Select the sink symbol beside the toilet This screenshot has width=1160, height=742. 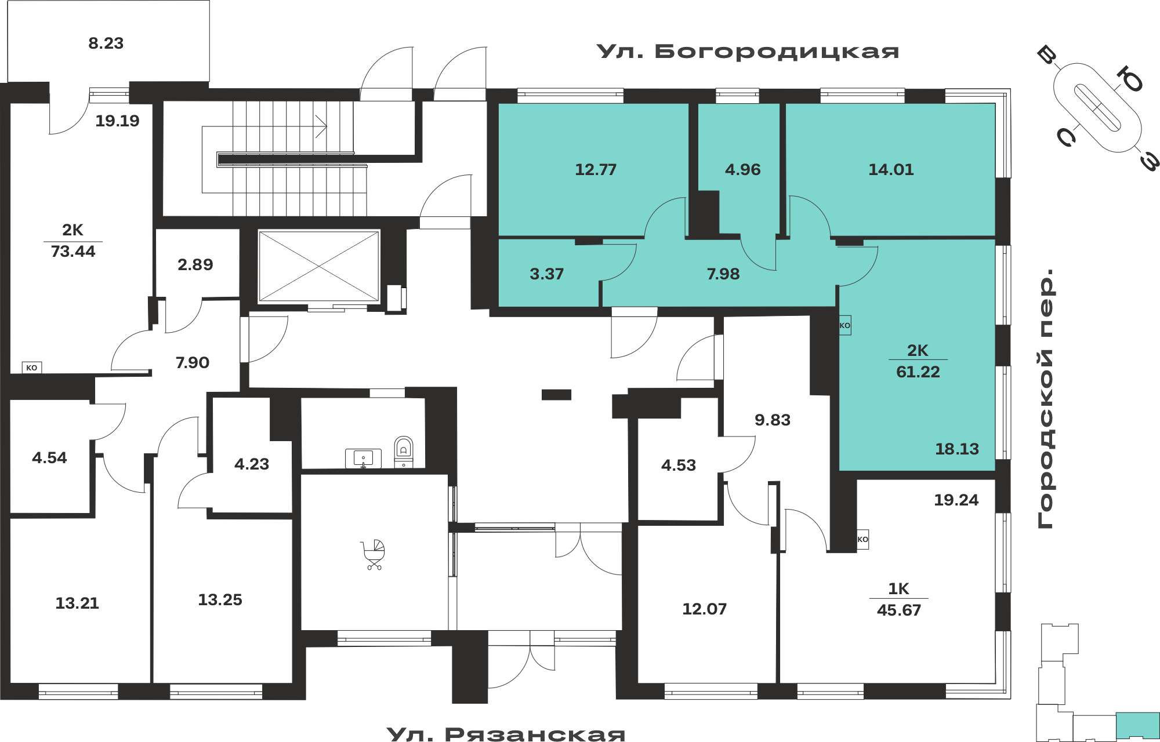[363, 459]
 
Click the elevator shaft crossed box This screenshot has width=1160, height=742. [318, 267]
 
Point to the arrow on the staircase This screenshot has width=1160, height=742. [321, 126]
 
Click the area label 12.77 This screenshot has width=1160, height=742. [596, 170]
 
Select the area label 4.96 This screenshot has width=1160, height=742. [742, 170]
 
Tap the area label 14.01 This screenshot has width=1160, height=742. [891, 170]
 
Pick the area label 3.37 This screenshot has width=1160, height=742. [546, 274]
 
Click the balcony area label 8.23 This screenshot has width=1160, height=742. [106, 43]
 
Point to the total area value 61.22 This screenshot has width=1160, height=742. [918, 372]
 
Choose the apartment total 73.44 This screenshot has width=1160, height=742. [73, 252]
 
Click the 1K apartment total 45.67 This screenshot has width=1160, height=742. [899, 610]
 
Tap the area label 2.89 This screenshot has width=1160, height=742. [195, 265]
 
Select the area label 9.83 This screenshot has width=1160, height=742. [773, 420]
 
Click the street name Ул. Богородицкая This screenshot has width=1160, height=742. [748, 52]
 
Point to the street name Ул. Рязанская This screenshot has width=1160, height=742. [506, 734]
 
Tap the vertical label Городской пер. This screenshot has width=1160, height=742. [1045, 399]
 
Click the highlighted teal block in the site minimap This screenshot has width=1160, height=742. [1137, 725]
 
